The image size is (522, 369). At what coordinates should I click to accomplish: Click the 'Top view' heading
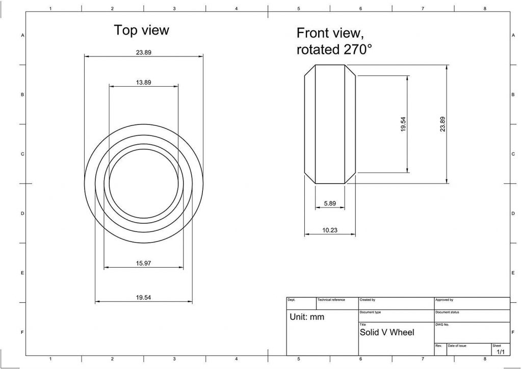141,30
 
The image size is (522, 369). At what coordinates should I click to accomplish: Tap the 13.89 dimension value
143,82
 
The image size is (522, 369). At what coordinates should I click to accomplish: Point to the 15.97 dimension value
143,263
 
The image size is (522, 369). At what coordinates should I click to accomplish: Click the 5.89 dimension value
330,203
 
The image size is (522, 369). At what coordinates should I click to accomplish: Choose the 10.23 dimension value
330,230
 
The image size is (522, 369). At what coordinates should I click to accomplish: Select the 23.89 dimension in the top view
143,52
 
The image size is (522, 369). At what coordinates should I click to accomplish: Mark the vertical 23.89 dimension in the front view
442,124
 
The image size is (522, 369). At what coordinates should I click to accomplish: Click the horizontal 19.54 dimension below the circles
143,298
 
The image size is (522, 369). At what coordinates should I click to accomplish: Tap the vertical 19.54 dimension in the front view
403,124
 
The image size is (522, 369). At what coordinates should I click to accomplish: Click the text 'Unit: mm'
307,317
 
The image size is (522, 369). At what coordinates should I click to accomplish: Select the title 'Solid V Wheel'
387,332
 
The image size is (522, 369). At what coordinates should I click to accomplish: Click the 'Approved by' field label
444,300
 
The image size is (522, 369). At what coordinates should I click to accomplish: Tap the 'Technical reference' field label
331,300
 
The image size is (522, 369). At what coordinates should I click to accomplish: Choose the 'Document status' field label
447,312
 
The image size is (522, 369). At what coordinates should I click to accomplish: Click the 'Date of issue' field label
457,346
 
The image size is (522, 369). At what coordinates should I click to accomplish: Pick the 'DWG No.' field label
441,324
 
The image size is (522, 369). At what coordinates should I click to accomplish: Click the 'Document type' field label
370,312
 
